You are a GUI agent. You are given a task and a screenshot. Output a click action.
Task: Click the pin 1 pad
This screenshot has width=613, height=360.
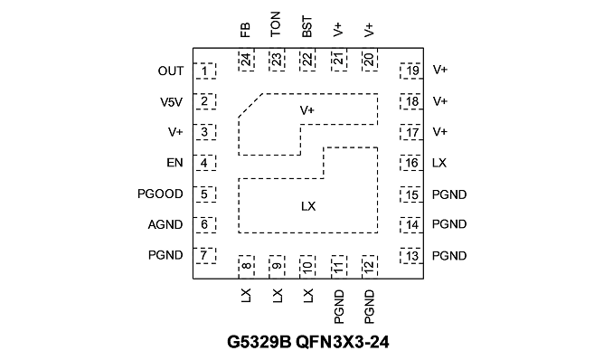[x=204, y=71]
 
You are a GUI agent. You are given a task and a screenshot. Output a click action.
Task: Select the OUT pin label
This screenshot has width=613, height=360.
[x=171, y=71]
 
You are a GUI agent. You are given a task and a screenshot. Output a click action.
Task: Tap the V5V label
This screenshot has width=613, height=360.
[x=171, y=102]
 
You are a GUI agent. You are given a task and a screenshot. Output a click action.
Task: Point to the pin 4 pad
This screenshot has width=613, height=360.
[x=204, y=163]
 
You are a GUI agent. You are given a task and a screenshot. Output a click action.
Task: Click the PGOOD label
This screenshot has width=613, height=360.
[x=160, y=194]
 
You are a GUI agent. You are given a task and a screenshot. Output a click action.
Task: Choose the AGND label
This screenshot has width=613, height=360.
[x=165, y=224]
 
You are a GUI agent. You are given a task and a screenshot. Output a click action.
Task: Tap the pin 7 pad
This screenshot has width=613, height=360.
[x=204, y=255]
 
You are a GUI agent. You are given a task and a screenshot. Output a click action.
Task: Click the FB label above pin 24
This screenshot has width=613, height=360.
[x=245, y=30]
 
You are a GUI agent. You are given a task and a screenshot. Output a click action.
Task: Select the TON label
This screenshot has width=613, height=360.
[x=276, y=24]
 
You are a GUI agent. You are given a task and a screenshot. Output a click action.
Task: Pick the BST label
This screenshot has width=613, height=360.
[x=307, y=26]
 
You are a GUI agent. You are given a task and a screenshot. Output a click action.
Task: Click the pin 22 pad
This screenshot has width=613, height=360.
[x=307, y=60]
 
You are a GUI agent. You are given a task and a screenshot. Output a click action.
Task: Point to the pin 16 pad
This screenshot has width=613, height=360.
[x=411, y=163]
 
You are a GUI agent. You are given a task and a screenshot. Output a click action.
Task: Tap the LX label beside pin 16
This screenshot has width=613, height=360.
[x=439, y=163]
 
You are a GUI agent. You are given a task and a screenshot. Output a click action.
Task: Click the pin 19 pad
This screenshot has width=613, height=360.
[x=411, y=71]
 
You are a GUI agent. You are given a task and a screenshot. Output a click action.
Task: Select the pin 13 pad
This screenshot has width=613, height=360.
[x=411, y=256]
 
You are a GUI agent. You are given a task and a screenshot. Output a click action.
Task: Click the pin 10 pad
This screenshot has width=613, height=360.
[x=307, y=267]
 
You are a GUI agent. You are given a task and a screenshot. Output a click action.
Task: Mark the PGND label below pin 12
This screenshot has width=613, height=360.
[x=369, y=307]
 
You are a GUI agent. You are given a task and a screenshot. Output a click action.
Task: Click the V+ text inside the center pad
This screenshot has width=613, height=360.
[x=307, y=110]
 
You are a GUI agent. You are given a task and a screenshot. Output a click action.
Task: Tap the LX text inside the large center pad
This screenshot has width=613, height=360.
[x=308, y=206]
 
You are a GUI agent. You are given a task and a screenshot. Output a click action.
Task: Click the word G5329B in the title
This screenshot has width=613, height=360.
[x=259, y=342]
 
